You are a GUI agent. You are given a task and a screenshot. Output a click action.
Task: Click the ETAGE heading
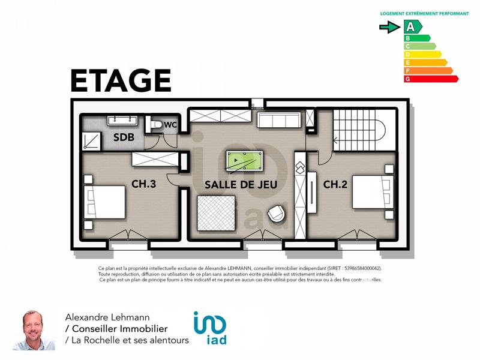[121, 81]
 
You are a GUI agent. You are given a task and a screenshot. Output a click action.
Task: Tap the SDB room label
[124, 137]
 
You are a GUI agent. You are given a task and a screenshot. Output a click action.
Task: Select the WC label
[170, 125]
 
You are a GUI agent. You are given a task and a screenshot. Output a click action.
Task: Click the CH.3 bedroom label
[144, 184]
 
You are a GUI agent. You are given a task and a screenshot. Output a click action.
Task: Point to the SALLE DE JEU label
[241, 185]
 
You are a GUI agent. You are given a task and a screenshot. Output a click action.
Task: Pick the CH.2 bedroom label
[335, 184]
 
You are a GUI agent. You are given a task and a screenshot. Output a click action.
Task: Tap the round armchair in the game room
[277, 215]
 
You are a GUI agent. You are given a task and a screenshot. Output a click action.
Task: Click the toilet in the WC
[157, 125]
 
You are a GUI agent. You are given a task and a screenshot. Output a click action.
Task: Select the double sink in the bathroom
[124, 121]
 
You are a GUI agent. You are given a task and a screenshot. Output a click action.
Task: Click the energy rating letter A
[410, 27]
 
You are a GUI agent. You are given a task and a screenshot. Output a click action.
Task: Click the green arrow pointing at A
[390, 27]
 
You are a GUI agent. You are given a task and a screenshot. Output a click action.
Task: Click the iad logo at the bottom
[210, 329]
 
